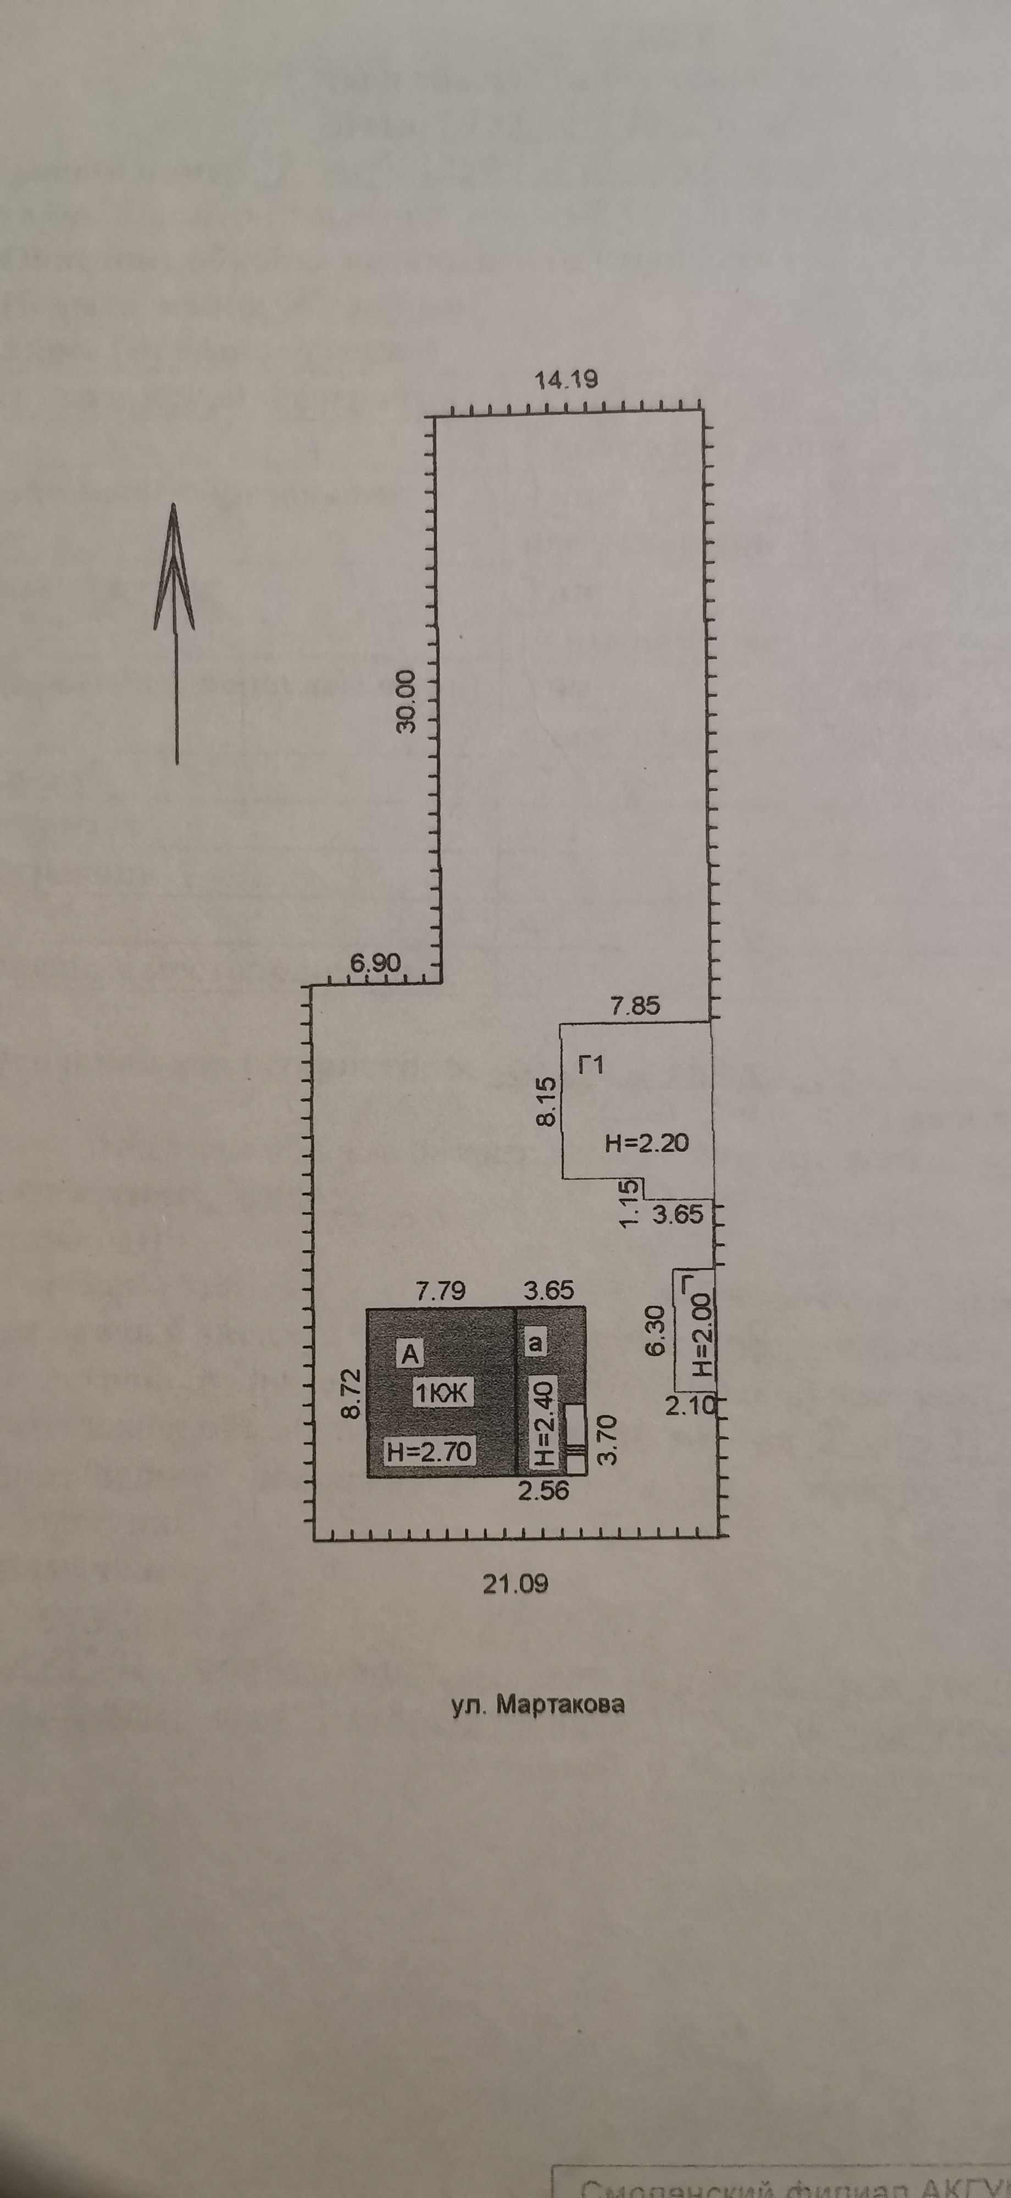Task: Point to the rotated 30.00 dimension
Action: (x=407, y=701)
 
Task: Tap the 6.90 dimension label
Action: (x=375, y=963)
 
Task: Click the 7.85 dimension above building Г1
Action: (x=635, y=1006)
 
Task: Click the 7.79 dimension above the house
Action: (x=440, y=1291)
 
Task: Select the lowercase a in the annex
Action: (x=536, y=1344)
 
